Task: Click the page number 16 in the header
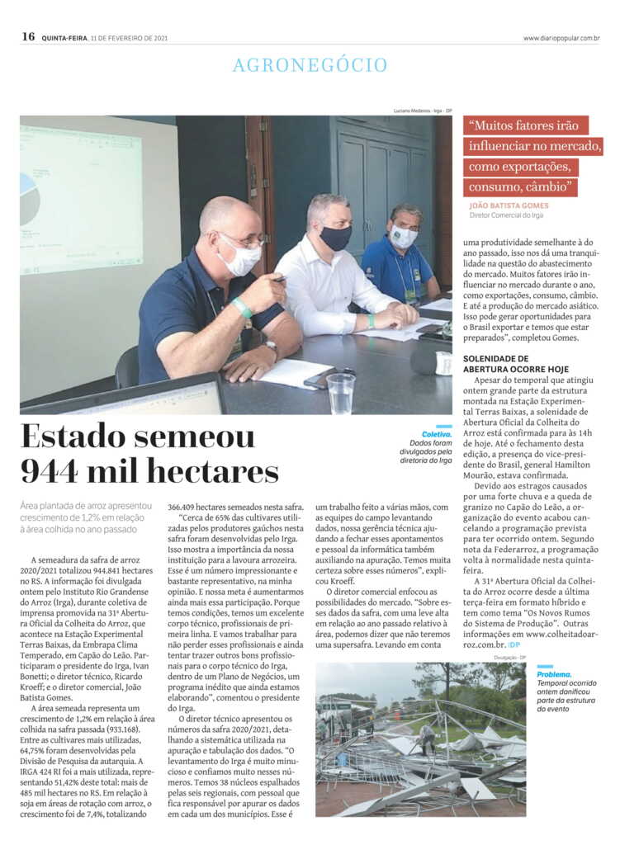pos(28,36)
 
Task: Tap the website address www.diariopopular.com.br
pos(561,37)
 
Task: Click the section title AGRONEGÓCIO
pos(310,65)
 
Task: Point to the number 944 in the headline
pos(51,472)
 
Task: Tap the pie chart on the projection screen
pos(29,198)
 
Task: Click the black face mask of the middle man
pos(336,238)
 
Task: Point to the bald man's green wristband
pos(242,307)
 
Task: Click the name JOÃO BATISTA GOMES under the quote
pos(509,205)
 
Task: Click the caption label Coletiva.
pos(437,434)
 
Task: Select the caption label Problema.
pos(554,674)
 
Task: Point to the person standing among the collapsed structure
pos(428,737)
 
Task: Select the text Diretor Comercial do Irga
pos(506,216)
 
